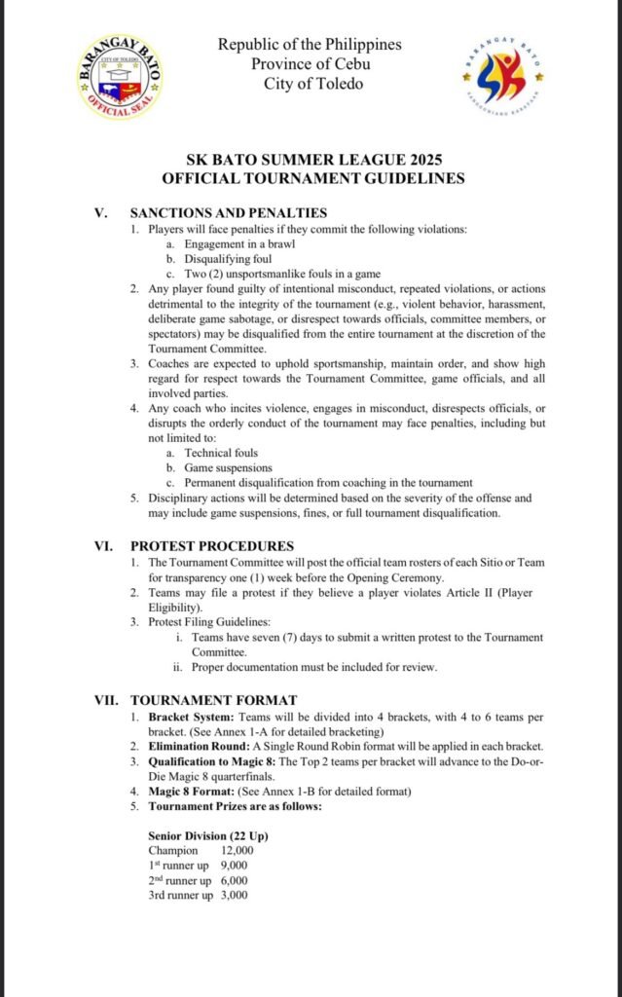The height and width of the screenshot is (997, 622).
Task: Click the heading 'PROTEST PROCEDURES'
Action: (x=212, y=546)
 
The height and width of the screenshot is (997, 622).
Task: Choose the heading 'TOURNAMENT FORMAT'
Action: (x=214, y=700)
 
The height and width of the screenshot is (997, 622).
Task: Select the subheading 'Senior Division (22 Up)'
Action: (x=207, y=835)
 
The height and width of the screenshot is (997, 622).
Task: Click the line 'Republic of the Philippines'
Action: (x=310, y=45)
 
